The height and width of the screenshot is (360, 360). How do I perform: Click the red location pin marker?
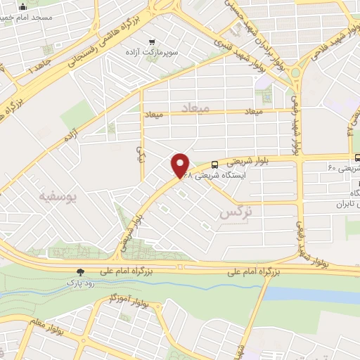pos(181,165)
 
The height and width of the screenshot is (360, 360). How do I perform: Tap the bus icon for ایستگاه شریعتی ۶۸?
pos(214,165)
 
